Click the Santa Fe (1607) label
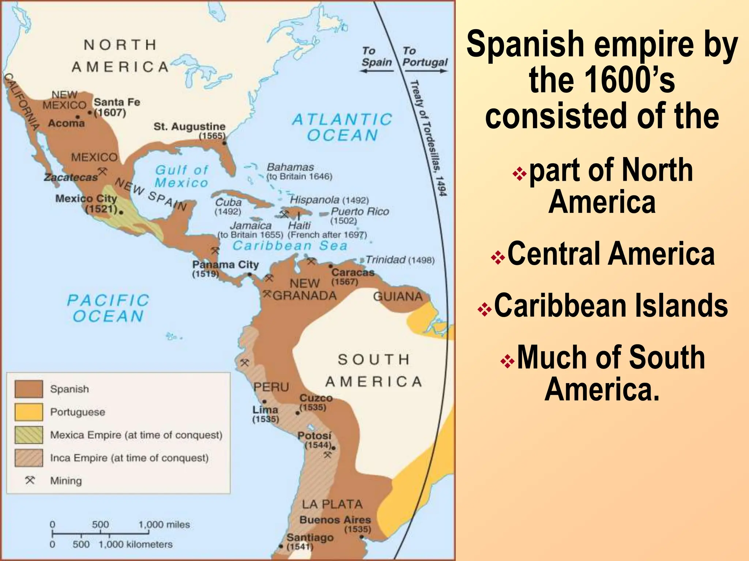pyautogui.click(x=117, y=107)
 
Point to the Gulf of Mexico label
pyautogui.click(x=181, y=176)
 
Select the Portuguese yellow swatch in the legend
pyautogui.click(x=29, y=412)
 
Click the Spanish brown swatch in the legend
pyautogui.click(x=29, y=389)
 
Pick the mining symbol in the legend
pyautogui.click(x=30, y=480)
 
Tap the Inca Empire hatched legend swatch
pyautogui.click(x=29, y=458)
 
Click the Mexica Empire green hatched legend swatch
pyautogui.click(x=29, y=435)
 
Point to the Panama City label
pyautogui.click(x=225, y=265)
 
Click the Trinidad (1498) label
pyautogui.click(x=400, y=260)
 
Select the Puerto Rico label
pyautogui.click(x=360, y=211)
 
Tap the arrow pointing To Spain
pyautogui.click(x=377, y=71)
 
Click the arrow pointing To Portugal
pyautogui.click(x=425, y=71)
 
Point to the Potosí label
pyautogui.click(x=314, y=436)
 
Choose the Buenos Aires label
pyautogui.click(x=335, y=520)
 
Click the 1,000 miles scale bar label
pyautogui.click(x=164, y=525)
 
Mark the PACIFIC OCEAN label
pyautogui.click(x=108, y=308)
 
